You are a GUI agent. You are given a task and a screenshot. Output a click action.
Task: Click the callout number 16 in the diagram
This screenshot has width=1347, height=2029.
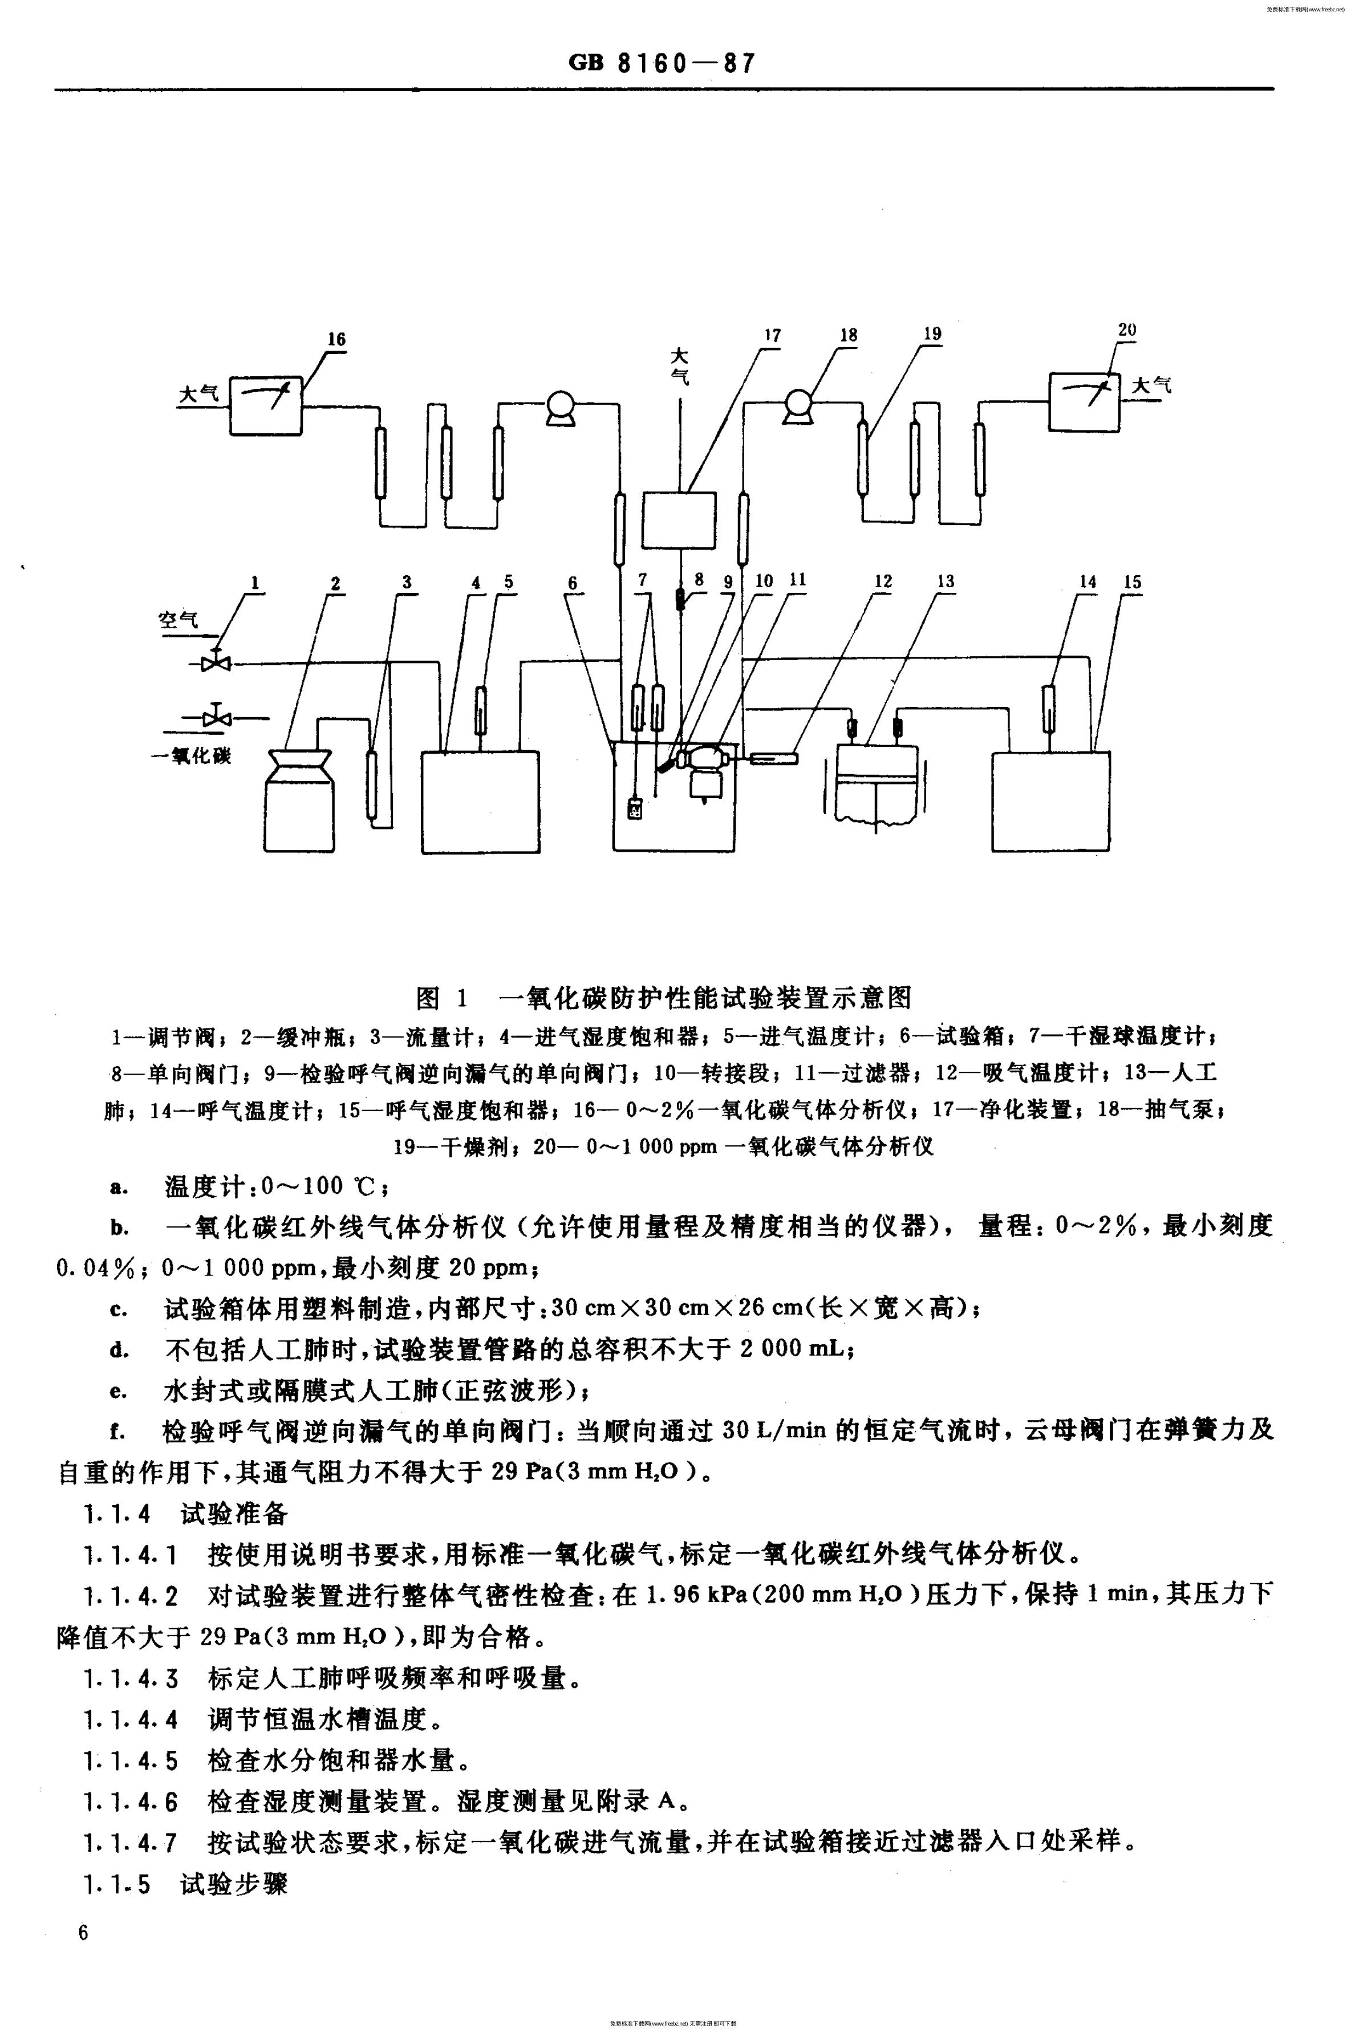click(336, 339)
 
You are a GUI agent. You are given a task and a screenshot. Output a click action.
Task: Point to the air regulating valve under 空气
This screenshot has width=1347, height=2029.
click(212, 663)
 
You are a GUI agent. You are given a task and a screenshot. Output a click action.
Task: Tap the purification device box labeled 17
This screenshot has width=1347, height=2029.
click(679, 519)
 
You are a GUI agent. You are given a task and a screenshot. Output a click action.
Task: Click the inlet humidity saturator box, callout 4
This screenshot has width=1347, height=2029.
click(480, 802)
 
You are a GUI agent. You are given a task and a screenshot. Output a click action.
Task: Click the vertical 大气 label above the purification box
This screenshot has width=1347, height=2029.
click(680, 366)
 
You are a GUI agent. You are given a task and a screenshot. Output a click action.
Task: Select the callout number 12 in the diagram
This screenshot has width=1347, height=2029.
click(883, 582)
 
